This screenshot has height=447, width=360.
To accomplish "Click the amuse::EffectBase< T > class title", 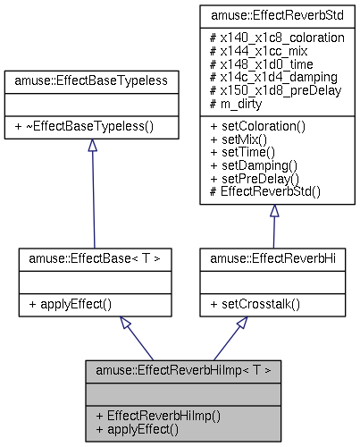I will [x=95, y=257].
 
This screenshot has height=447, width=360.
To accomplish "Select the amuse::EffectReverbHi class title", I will [x=272, y=257].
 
